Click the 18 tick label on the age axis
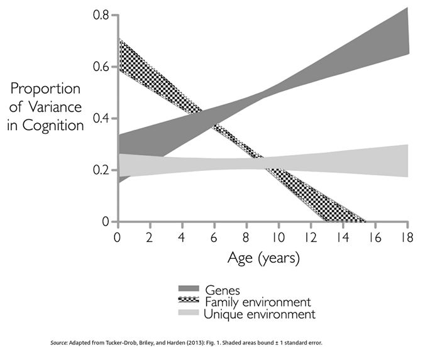click(407, 237)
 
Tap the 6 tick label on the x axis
click(214, 237)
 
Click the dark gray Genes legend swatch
click(189, 290)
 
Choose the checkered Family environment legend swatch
click(189, 302)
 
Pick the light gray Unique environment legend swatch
click(189, 313)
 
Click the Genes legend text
click(223, 290)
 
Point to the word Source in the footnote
click(59, 343)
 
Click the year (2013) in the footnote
click(214, 343)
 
